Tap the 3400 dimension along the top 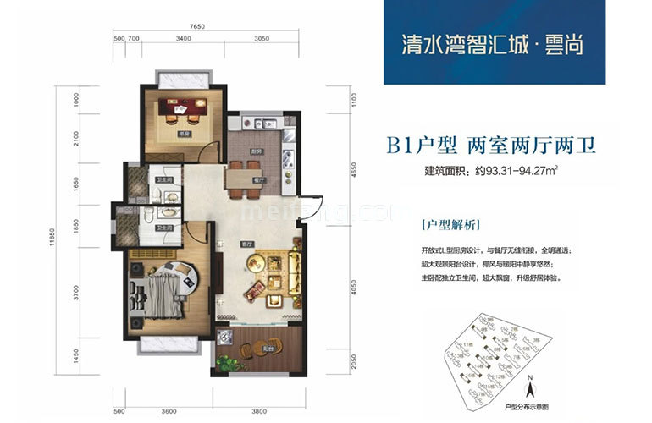183,39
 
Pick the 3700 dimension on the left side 76,294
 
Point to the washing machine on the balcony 224,338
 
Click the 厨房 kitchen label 255,153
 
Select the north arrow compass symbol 529,390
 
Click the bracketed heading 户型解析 450,226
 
